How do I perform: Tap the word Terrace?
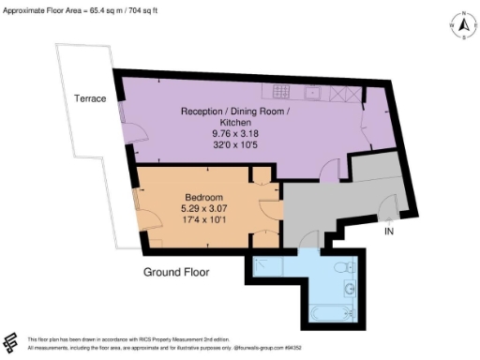[x=92, y=98]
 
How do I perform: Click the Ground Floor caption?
[x=175, y=273]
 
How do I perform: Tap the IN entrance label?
[x=388, y=228]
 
